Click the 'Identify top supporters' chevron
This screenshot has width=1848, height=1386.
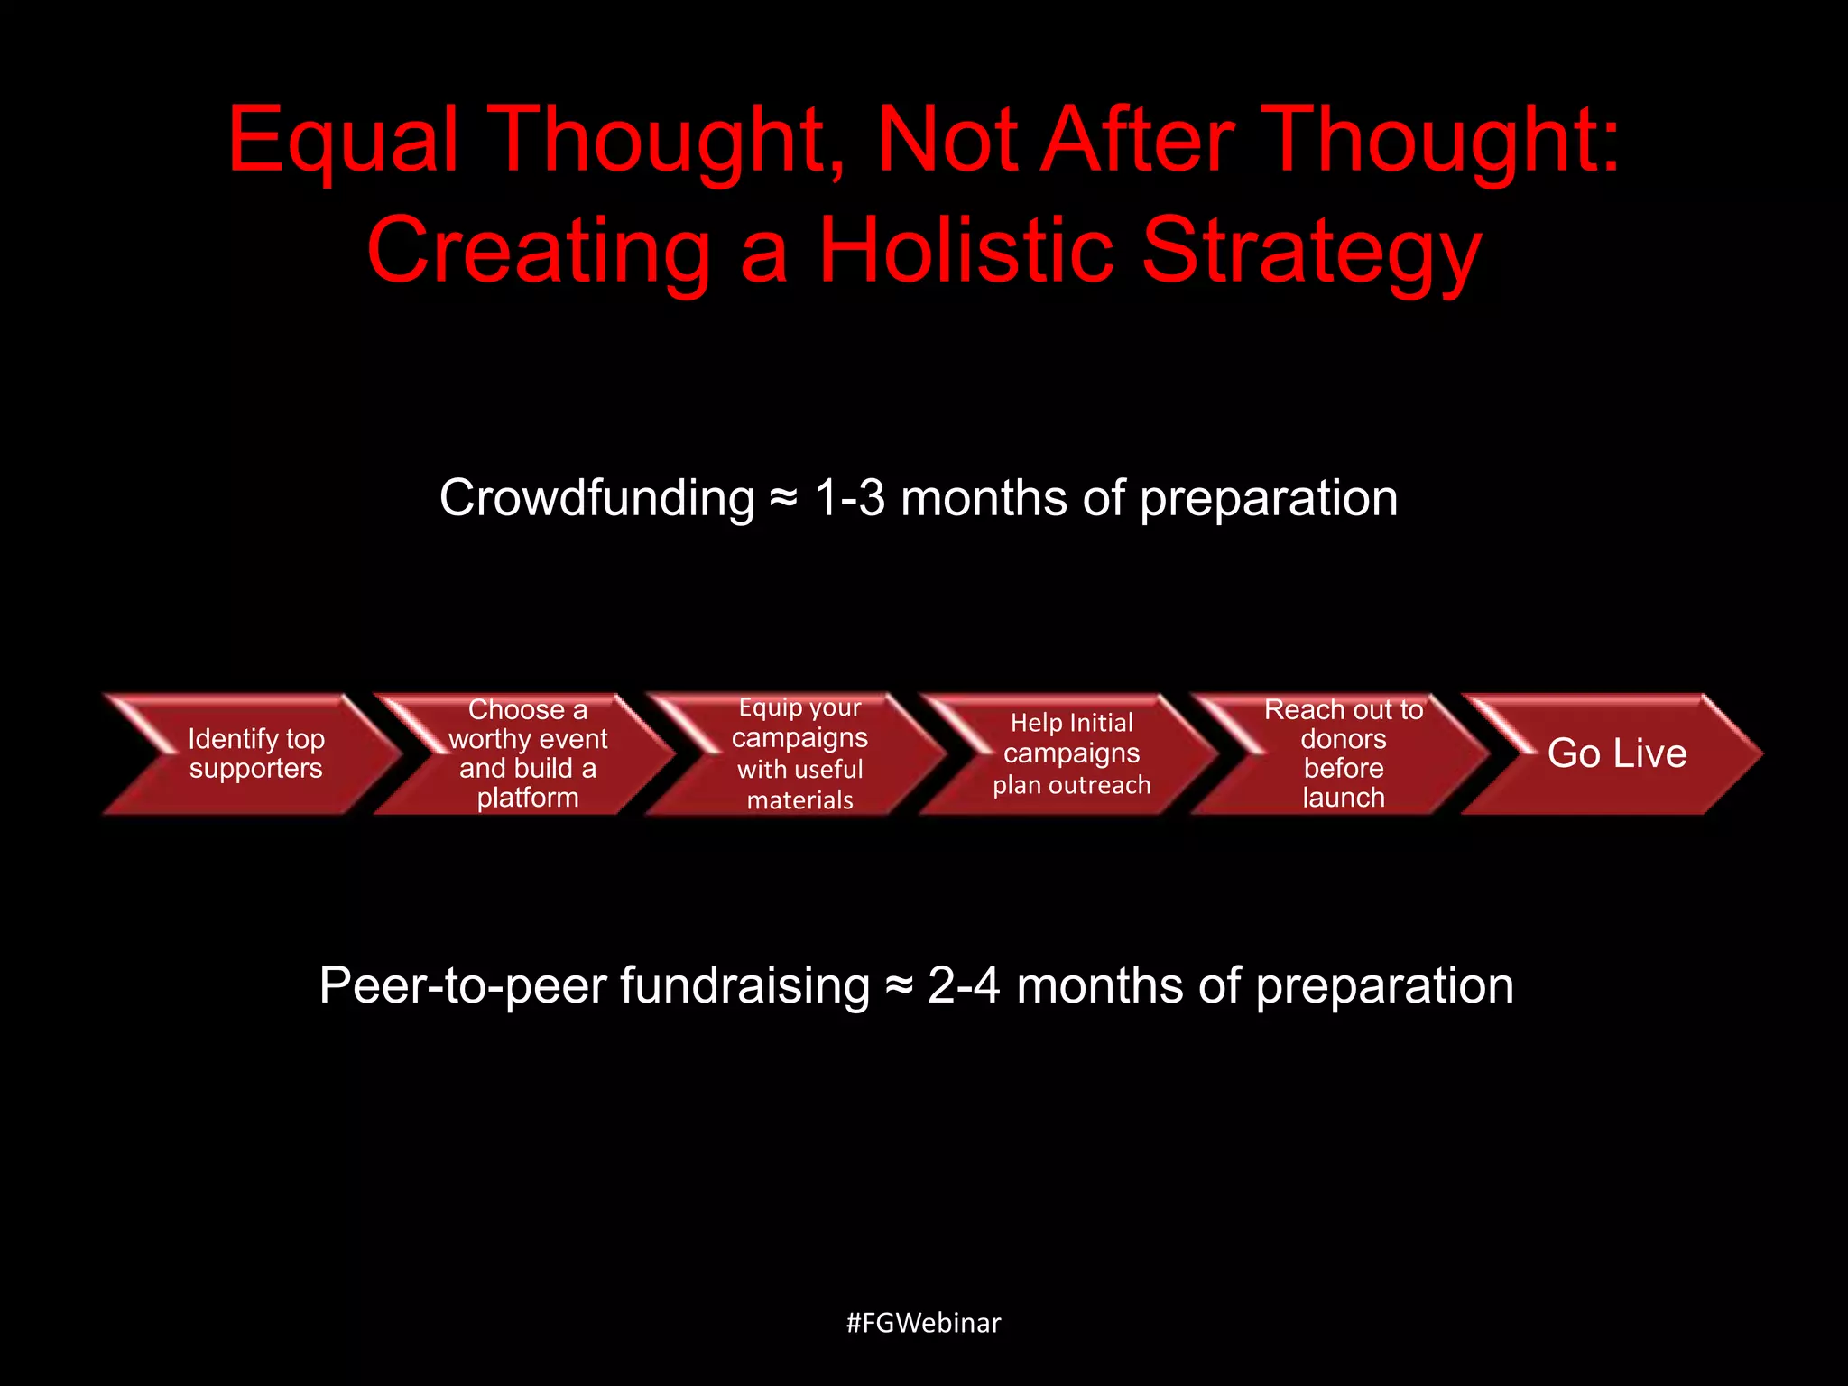pyautogui.click(x=255, y=753)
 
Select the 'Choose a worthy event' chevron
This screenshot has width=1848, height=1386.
pyautogui.click(x=528, y=753)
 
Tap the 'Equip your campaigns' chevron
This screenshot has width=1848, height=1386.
pyautogui.click(x=799, y=753)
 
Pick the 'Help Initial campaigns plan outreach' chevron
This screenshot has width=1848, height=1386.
pyautogui.click(x=1071, y=753)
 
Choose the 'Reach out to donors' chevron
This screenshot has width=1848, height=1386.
pyautogui.click(x=1343, y=753)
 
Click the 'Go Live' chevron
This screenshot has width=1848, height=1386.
pyautogui.click(x=1616, y=753)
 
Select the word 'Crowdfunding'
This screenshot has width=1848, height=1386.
pyautogui.click(x=596, y=499)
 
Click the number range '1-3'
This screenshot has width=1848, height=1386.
pyautogui.click(x=849, y=498)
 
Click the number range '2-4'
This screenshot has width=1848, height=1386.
pyautogui.click(x=964, y=985)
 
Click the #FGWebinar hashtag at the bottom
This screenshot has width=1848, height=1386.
pyautogui.click(x=923, y=1323)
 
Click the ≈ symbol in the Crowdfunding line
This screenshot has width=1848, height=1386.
pyautogui.click(x=783, y=499)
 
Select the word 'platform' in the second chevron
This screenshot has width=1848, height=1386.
pyautogui.click(x=528, y=798)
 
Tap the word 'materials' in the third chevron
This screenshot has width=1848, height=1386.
pyautogui.click(x=799, y=800)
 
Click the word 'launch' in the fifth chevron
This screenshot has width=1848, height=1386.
pyautogui.click(x=1343, y=798)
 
